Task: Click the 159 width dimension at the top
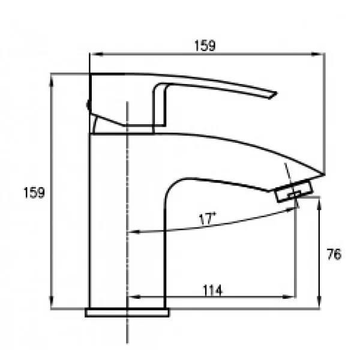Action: (205, 46)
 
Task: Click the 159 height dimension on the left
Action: (34, 193)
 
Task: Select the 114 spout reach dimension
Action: (212, 290)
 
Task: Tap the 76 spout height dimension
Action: (334, 254)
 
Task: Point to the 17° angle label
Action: (207, 218)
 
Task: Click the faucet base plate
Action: (127, 313)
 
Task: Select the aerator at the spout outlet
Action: (295, 191)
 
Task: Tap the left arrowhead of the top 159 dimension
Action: (97, 54)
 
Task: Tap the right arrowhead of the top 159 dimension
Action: (318, 54)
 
